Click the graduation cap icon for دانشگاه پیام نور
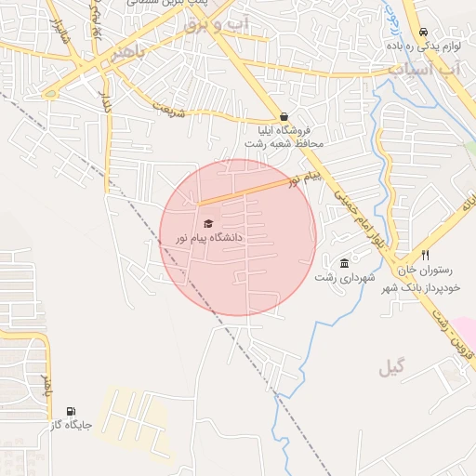(x=208, y=223)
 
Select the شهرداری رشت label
(x=344, y=277)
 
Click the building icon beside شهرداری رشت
(x=345, y=262)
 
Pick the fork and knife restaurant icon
(x=425, y=255)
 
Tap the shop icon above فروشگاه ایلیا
(x=284, y=117)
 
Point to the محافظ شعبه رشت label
(x=283, y=145)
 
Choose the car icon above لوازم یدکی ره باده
(x=423, y=31)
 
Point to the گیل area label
(x=391, y=369)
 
